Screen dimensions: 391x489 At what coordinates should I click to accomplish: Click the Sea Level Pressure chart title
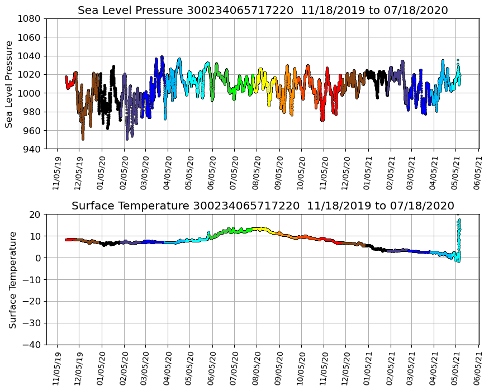point(263,10)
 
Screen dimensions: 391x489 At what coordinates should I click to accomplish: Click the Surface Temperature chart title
point(263,206)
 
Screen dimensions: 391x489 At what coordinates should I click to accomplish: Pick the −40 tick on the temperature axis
point(32,345)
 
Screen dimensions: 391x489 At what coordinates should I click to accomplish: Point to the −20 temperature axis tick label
point(32,302)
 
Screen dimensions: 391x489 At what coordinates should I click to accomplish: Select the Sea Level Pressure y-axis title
point(10,84)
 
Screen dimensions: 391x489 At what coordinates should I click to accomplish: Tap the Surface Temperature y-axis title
point(12,279)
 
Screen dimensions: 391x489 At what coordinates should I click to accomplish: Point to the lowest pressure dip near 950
point(83,139)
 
